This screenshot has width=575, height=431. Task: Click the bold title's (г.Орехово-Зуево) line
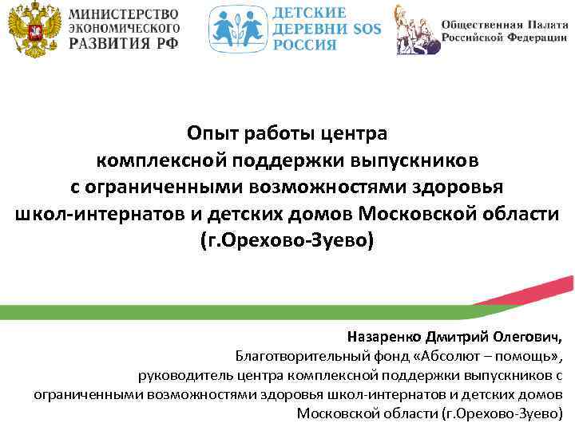pos(287,241)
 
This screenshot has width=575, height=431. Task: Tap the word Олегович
pos(529,337)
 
